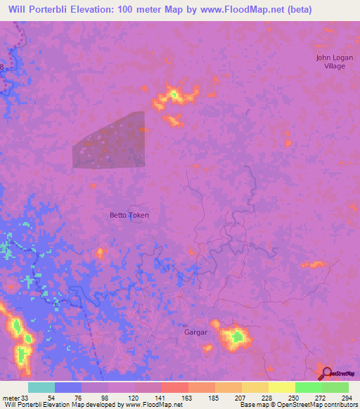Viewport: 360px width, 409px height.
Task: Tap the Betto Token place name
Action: pyautogui.click(x=129, y=215)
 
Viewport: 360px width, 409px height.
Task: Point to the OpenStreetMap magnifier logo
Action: pyautogui.click(x=325, y=374)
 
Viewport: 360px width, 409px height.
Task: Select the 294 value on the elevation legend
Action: pyautogui.click(x=342, y=396)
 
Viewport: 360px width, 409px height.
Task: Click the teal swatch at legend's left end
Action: pyautogui.click(x=41, y=387)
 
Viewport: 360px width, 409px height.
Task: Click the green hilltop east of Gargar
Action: pyautogui.click(x=238, y=337)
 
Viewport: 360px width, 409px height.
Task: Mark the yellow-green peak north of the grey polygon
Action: pyautogui.click(x=173, y=94)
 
